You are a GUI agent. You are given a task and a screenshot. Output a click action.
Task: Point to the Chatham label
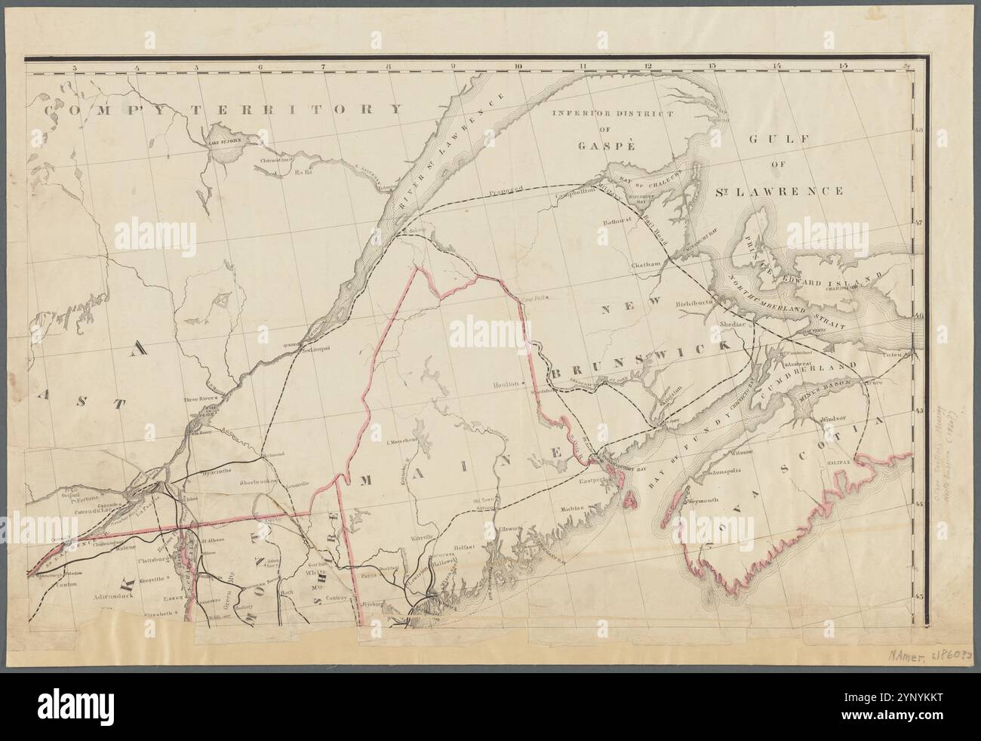point(644,263)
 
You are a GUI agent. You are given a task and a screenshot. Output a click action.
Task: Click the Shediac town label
point(729,321)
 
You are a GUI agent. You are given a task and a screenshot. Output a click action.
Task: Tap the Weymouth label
point(702,500)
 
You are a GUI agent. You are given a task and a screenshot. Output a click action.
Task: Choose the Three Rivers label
point(201,397)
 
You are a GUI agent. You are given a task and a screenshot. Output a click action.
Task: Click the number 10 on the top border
point(518,67)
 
